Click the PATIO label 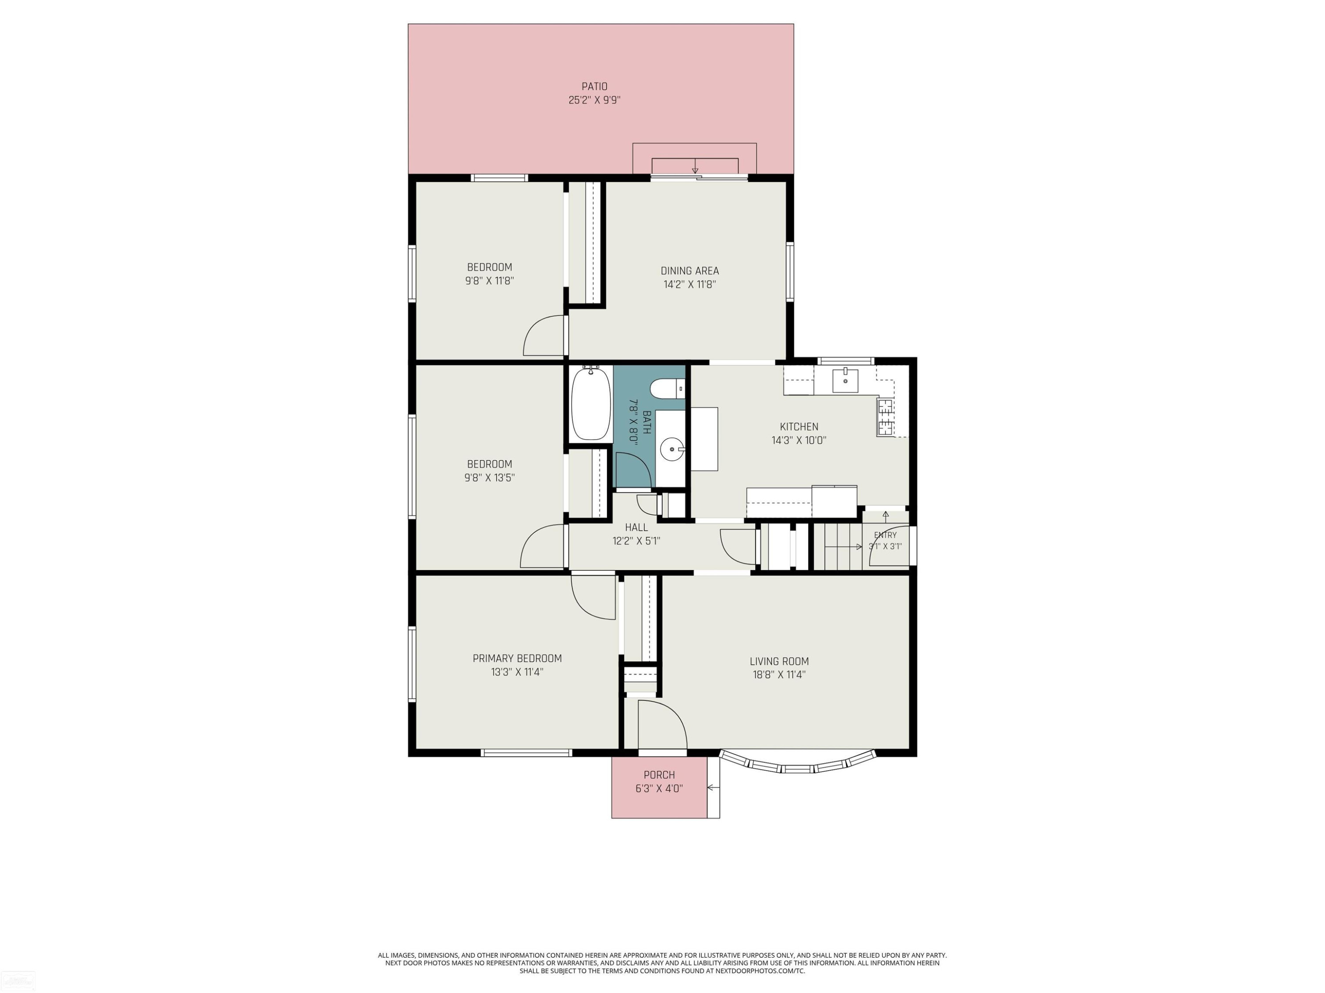(x=594, y=86)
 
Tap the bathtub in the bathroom (x=591, y=403)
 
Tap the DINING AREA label (x=689, y=271)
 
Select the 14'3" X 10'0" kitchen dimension (x=799, y=440)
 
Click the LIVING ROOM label (x=779, y=662)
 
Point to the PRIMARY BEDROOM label (x=517, y=658)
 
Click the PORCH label (x=659, y=775)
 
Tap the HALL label (x=636, y=527)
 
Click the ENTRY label (x=886, y=535)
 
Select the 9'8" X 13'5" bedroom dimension (x=489, y=478)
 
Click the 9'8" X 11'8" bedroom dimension (x=489, y=281)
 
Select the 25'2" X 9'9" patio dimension (x=594, y=100)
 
